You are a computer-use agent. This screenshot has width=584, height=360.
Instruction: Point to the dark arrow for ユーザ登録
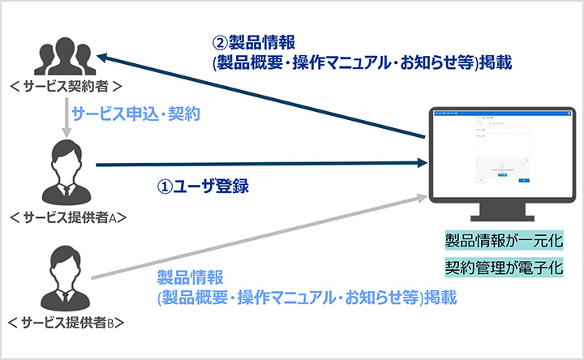pyautogui.click(x=260, y=165)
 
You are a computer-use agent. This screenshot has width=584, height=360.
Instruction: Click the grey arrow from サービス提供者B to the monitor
pyautogui.click(x=260, y=238)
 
